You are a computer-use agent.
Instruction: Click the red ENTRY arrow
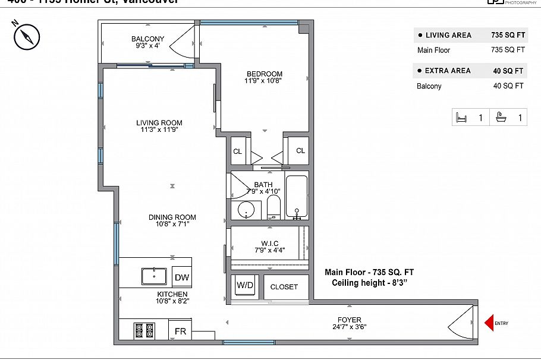489,323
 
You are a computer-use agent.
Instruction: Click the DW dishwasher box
181,277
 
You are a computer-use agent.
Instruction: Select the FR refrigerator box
180,331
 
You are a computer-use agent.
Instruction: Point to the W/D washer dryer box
245,286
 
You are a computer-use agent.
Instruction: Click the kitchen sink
154,276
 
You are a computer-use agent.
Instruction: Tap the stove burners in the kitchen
144,330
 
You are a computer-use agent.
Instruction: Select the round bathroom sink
246,210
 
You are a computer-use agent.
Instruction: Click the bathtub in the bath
297,197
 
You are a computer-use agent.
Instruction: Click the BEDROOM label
265,74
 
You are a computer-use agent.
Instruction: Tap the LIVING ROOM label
159,123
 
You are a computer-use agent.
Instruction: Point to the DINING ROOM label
172,217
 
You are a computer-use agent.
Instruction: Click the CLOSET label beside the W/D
284,287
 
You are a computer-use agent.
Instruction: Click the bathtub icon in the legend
501,118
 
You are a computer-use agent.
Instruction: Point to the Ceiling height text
369,283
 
